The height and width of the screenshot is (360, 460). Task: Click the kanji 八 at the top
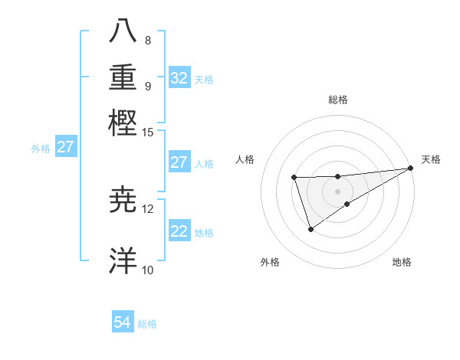point(123,31)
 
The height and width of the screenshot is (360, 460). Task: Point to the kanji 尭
point(123,201)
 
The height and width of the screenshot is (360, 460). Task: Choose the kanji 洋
point(123,260)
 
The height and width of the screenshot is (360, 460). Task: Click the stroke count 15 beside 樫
point(148,133)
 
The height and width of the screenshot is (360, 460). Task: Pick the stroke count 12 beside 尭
point(148,209)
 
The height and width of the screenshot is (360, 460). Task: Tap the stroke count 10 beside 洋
point(148,269)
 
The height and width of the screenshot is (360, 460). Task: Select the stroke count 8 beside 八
point(147,40)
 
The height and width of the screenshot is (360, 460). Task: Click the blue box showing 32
point(179,78)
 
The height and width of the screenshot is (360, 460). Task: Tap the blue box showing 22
point(179,231)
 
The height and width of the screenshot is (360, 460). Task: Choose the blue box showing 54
point(123,322)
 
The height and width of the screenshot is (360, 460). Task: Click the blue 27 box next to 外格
point(65,147)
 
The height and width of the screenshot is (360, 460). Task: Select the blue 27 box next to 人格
point(179,162)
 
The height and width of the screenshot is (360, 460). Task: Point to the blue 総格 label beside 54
point(147,324)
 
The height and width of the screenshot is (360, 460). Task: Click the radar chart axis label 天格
point(431,159)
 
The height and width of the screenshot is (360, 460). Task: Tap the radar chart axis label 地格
point(402,262)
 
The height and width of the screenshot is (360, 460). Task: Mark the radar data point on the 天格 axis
point(410,168)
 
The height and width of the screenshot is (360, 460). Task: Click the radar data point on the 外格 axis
point(310,229)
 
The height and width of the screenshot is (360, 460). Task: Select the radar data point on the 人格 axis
point(294,178)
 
